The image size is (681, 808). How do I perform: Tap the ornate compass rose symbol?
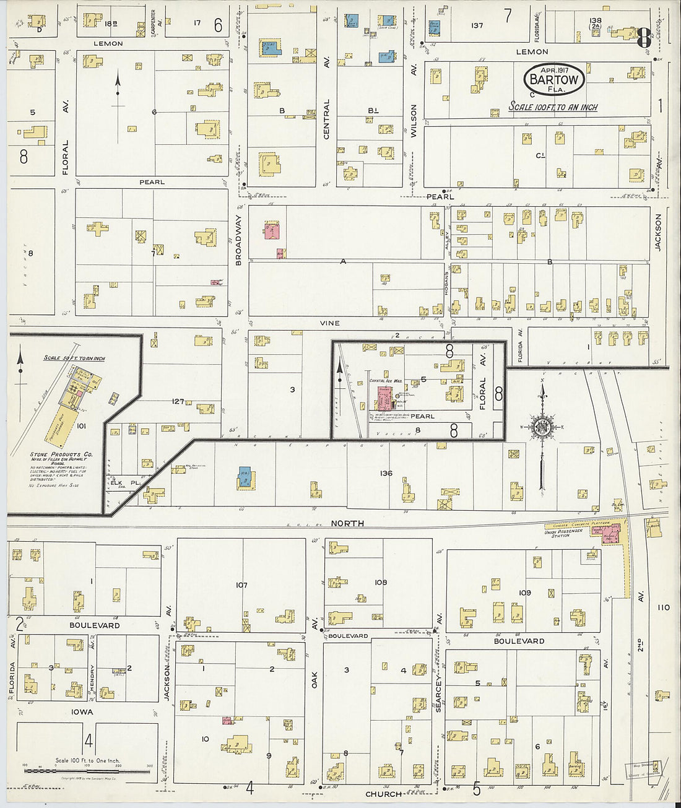(x=542, y=428)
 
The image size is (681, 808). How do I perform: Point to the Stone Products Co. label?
(x=61, y=454)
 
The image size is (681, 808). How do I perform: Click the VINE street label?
(x=329, y=323)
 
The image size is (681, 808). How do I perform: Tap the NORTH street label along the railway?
(x=347, y=524)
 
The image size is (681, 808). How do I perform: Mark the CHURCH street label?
(x=383, y=794)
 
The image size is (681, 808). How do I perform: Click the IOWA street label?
(x=82, y=712)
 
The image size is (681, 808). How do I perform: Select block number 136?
(x=386, y=474)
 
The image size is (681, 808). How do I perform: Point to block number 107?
(x=241, y=585)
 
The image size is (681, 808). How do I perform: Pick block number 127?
(x=178, y=402)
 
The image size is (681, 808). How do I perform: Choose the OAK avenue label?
(x=314, y=679)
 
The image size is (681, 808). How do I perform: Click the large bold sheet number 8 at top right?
(x=643, y=38)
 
